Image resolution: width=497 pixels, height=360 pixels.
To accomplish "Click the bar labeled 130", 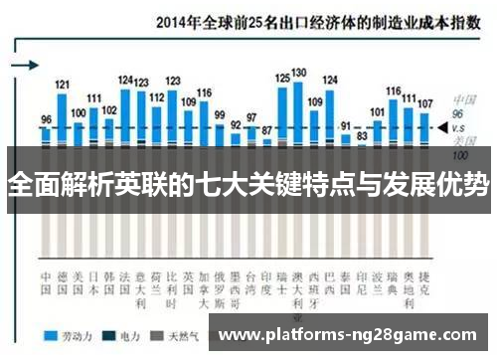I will (298, 114).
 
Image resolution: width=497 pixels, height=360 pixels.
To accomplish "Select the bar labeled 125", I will (282, 117).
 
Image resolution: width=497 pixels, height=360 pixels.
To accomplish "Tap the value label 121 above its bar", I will (63, 86).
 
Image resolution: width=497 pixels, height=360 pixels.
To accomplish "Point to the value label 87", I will (266, 128).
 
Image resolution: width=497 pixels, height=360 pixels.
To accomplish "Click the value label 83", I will (362, 134).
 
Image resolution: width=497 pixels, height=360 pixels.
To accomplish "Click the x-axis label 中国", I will (46, 255).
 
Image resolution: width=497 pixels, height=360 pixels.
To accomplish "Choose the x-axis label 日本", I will (94, 255).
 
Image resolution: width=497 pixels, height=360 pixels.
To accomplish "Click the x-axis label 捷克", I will (424, 255).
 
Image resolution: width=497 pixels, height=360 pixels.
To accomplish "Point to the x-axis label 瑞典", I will (393, 255).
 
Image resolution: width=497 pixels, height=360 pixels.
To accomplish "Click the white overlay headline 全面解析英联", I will (248, 185).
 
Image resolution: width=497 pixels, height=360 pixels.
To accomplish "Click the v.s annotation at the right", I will (460, 128).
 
